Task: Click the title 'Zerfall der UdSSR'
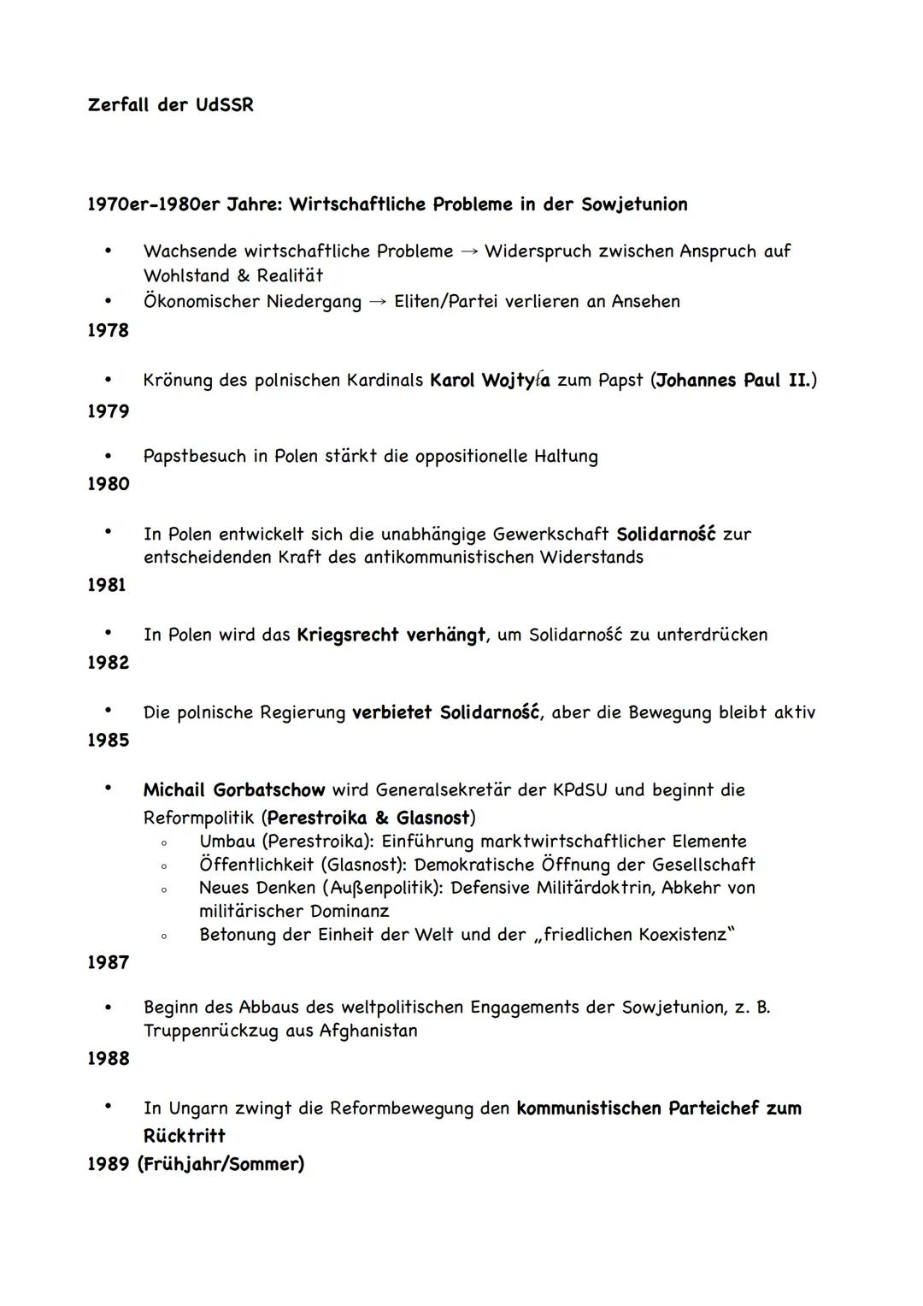[x=170, y=105]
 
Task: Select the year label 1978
[x=108, y=330]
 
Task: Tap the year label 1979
[x=108, y=411]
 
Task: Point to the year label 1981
[x=107, y=585]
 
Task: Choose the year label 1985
[x=108, y=740]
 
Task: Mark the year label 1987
[x=108, y=962]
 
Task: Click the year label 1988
[x=108, y=1058]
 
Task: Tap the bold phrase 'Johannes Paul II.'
[x=732, y=380]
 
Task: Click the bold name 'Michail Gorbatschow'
[x=234, y=789]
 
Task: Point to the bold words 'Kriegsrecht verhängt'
[x=391, y=635]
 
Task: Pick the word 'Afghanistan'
[x=368, y=1031]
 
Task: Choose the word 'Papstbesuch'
[x=194, y=456]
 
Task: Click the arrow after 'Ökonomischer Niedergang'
[x=378, y=302]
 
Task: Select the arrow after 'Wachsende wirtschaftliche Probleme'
[x=468, y=251]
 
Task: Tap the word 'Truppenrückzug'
[x=211, y=1031]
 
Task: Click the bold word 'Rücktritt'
[x=184, y=1136]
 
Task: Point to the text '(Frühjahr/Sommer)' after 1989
[x=220, y=1164]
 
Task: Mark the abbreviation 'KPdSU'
[x=579, y=789]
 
